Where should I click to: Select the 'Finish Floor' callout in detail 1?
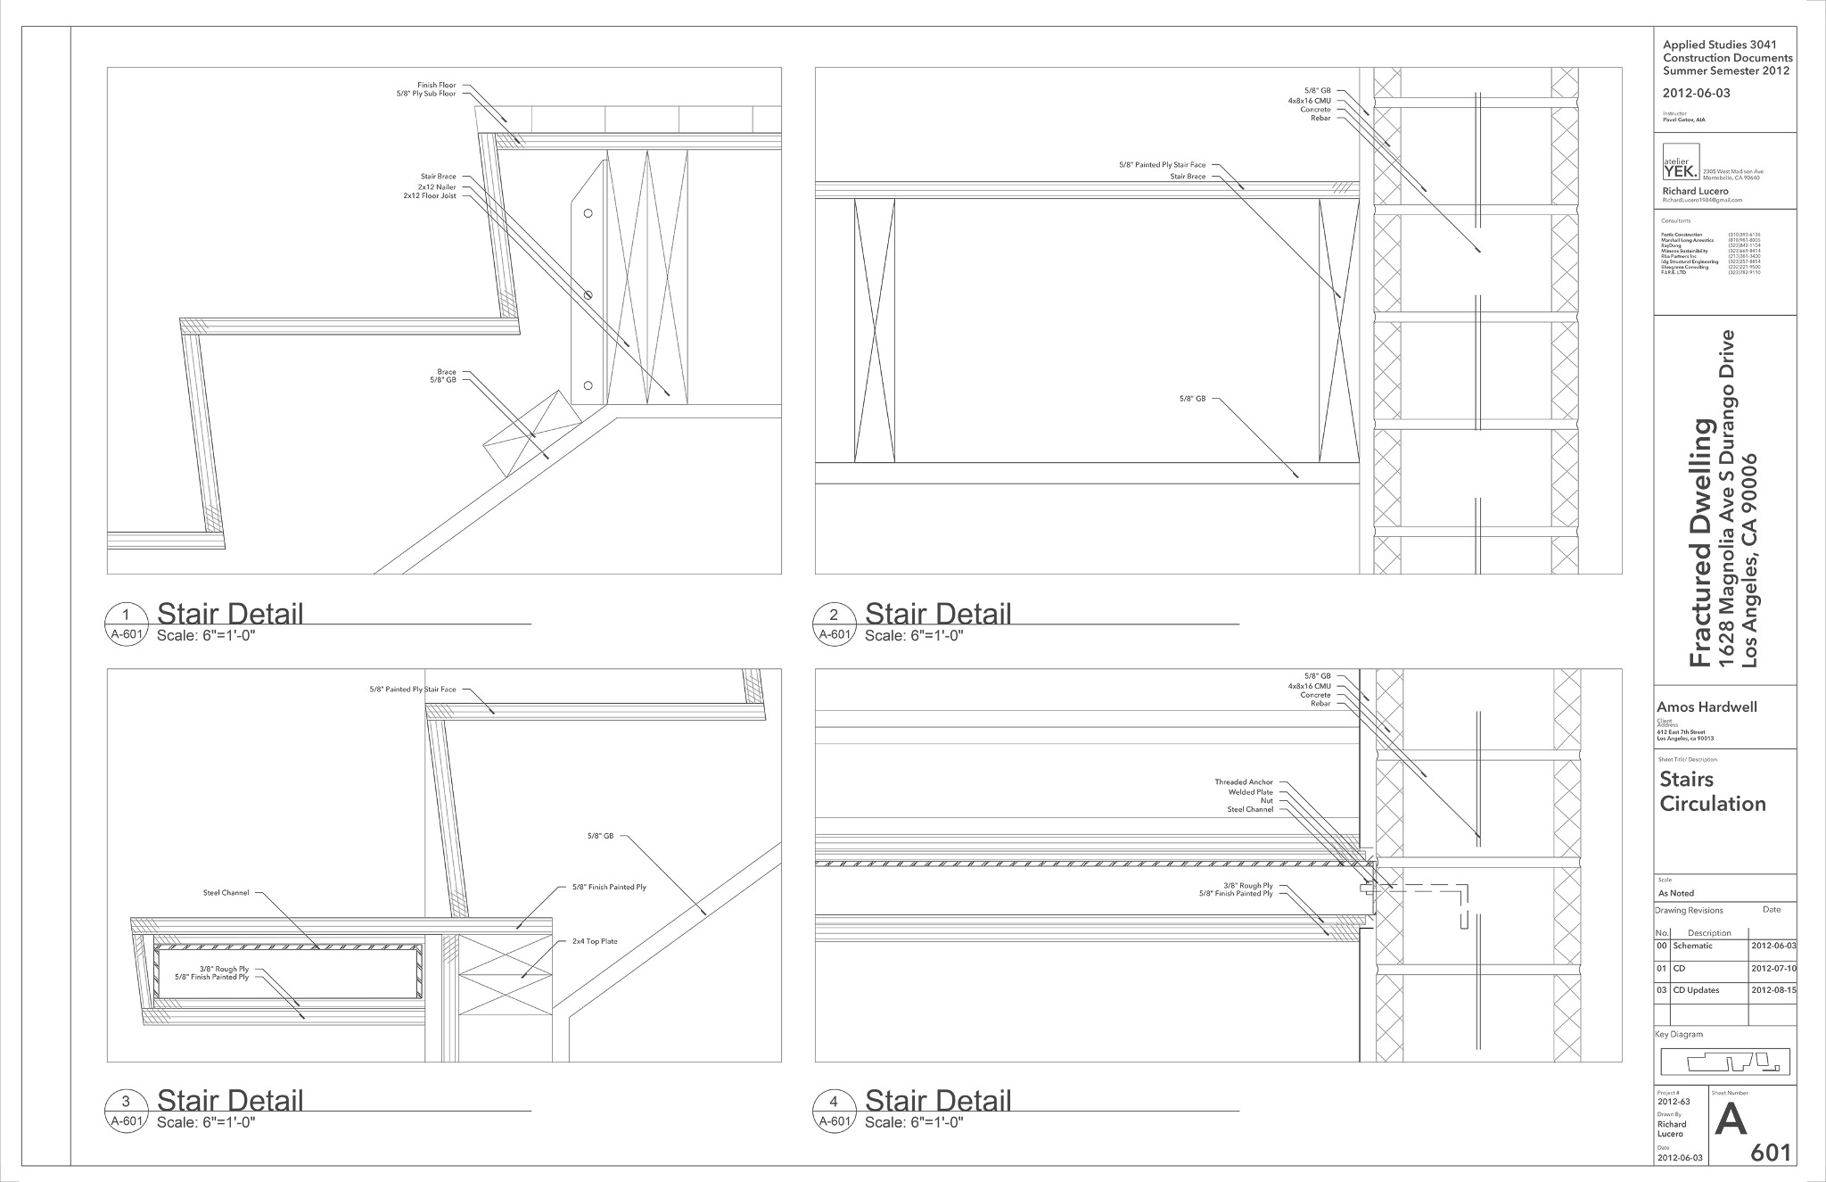pos(436,86)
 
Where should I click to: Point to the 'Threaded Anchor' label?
pos(1244,782)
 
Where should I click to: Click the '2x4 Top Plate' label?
pos(595,941)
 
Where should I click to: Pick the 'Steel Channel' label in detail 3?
pos(226,892)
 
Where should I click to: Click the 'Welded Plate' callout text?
pos(1252,792)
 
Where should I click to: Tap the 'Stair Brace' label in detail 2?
pos(1188,177)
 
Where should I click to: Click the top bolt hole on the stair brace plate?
pos(588,213)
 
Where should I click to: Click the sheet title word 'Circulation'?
pos(1712,804)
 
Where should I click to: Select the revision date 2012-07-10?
pos(1773,968)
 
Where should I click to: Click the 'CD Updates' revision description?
pos(1696,990)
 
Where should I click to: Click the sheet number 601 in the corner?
pos(1770,1153)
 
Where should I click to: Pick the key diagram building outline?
pos(1724,1062)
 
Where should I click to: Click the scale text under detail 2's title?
pos(913,636)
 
